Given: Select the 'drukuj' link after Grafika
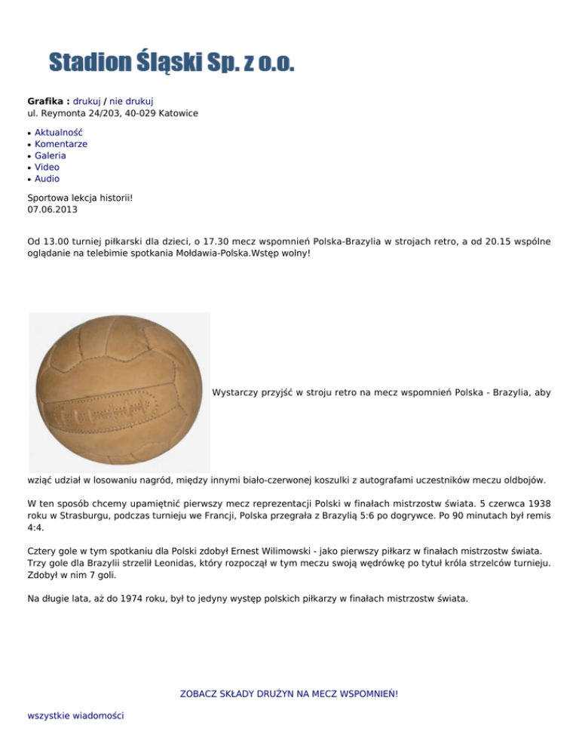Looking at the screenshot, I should click(87, 101).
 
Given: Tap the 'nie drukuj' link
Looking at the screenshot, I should click(131, 101).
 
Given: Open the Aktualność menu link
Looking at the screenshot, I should click(59, 132).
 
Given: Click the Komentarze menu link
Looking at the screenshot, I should click(61, 143).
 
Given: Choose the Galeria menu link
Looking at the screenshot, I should click(51, 155).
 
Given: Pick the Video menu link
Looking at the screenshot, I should click(47, 167).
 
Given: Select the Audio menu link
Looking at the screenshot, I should click(47, 179).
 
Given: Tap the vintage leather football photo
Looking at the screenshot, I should click(119, 392).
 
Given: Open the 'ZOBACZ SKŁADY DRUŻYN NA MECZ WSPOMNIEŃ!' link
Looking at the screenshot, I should click(289, 693).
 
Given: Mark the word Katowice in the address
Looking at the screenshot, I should click(178, 113).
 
